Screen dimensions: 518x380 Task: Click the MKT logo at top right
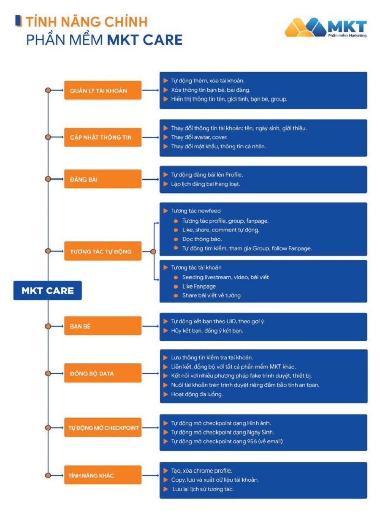326,27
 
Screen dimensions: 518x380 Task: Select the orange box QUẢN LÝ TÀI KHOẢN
103,90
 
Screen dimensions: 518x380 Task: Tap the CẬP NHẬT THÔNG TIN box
103,137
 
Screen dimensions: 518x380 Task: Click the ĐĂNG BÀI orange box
103,179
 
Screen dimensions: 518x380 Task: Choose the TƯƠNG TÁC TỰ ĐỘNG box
103,251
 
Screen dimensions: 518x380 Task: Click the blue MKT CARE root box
47,291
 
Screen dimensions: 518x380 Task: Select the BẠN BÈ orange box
103,326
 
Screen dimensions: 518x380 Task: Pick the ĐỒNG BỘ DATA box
103,374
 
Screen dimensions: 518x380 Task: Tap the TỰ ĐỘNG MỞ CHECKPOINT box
103,428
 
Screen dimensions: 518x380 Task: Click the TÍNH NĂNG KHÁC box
103,475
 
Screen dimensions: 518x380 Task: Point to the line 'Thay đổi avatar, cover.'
199,137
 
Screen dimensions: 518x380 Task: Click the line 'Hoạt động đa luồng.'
197,394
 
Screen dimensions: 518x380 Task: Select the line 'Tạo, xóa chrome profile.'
201,471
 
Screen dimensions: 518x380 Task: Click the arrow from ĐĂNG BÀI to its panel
150,179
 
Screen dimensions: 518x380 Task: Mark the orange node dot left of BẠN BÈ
48,326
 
